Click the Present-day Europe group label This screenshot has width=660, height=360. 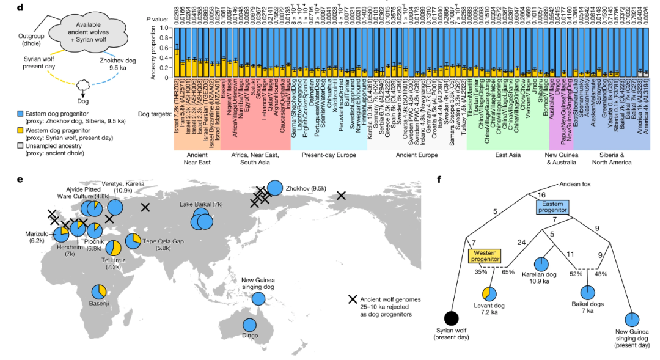(x=328, y=156)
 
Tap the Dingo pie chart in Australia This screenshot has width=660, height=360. (x=250, y=327)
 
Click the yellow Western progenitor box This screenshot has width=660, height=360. (x=485, y=255)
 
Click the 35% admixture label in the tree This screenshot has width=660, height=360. (x=481, y=273)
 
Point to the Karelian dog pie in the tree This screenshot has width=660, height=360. (x=541, y=264)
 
